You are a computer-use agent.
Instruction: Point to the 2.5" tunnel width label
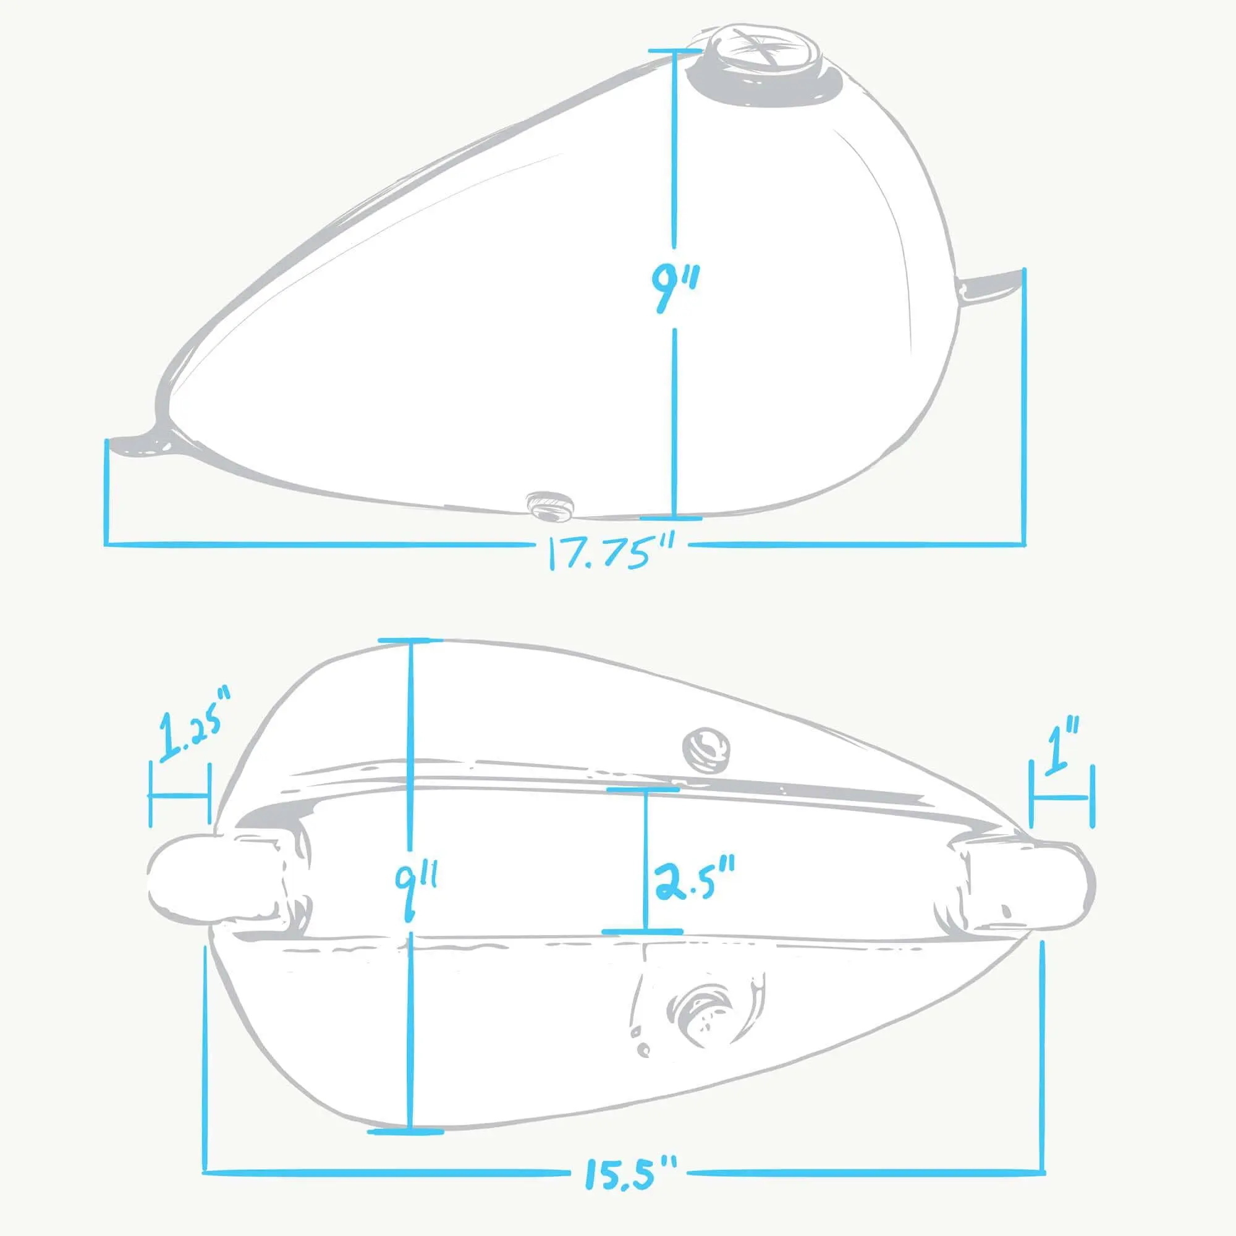coord(694,881)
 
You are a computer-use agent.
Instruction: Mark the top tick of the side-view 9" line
coord(674,51)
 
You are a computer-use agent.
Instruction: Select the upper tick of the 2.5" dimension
coord(643,789)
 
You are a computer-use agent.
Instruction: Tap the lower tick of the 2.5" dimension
coord(643,931)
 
